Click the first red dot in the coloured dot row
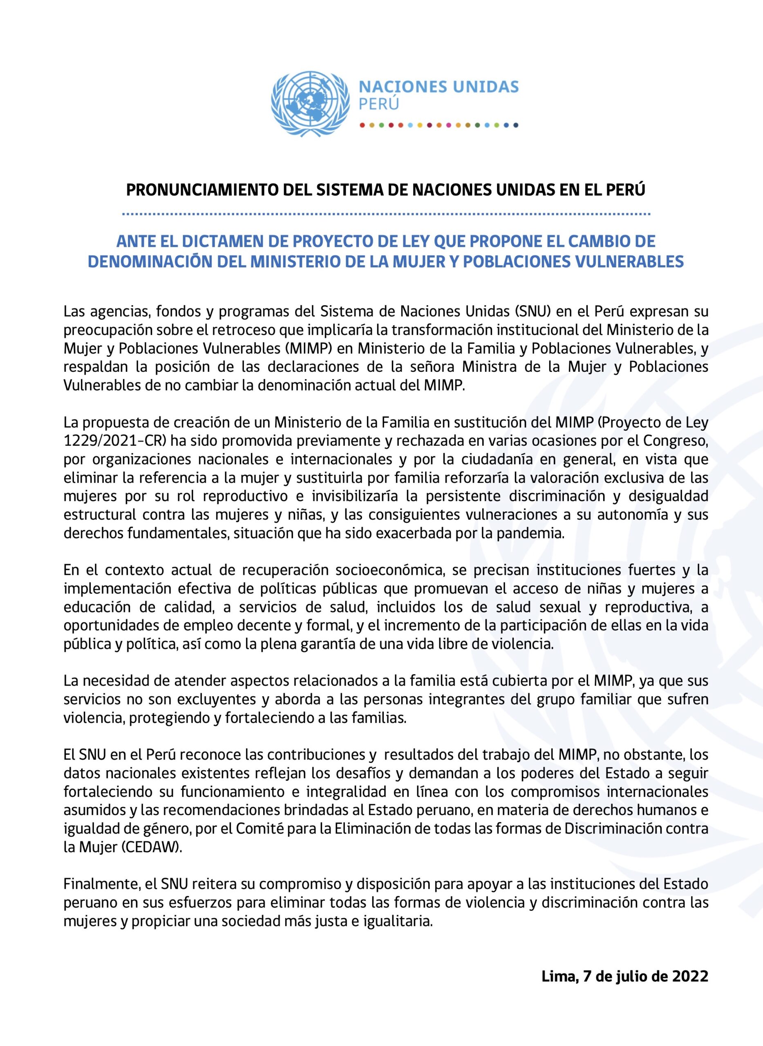[362, 125]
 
